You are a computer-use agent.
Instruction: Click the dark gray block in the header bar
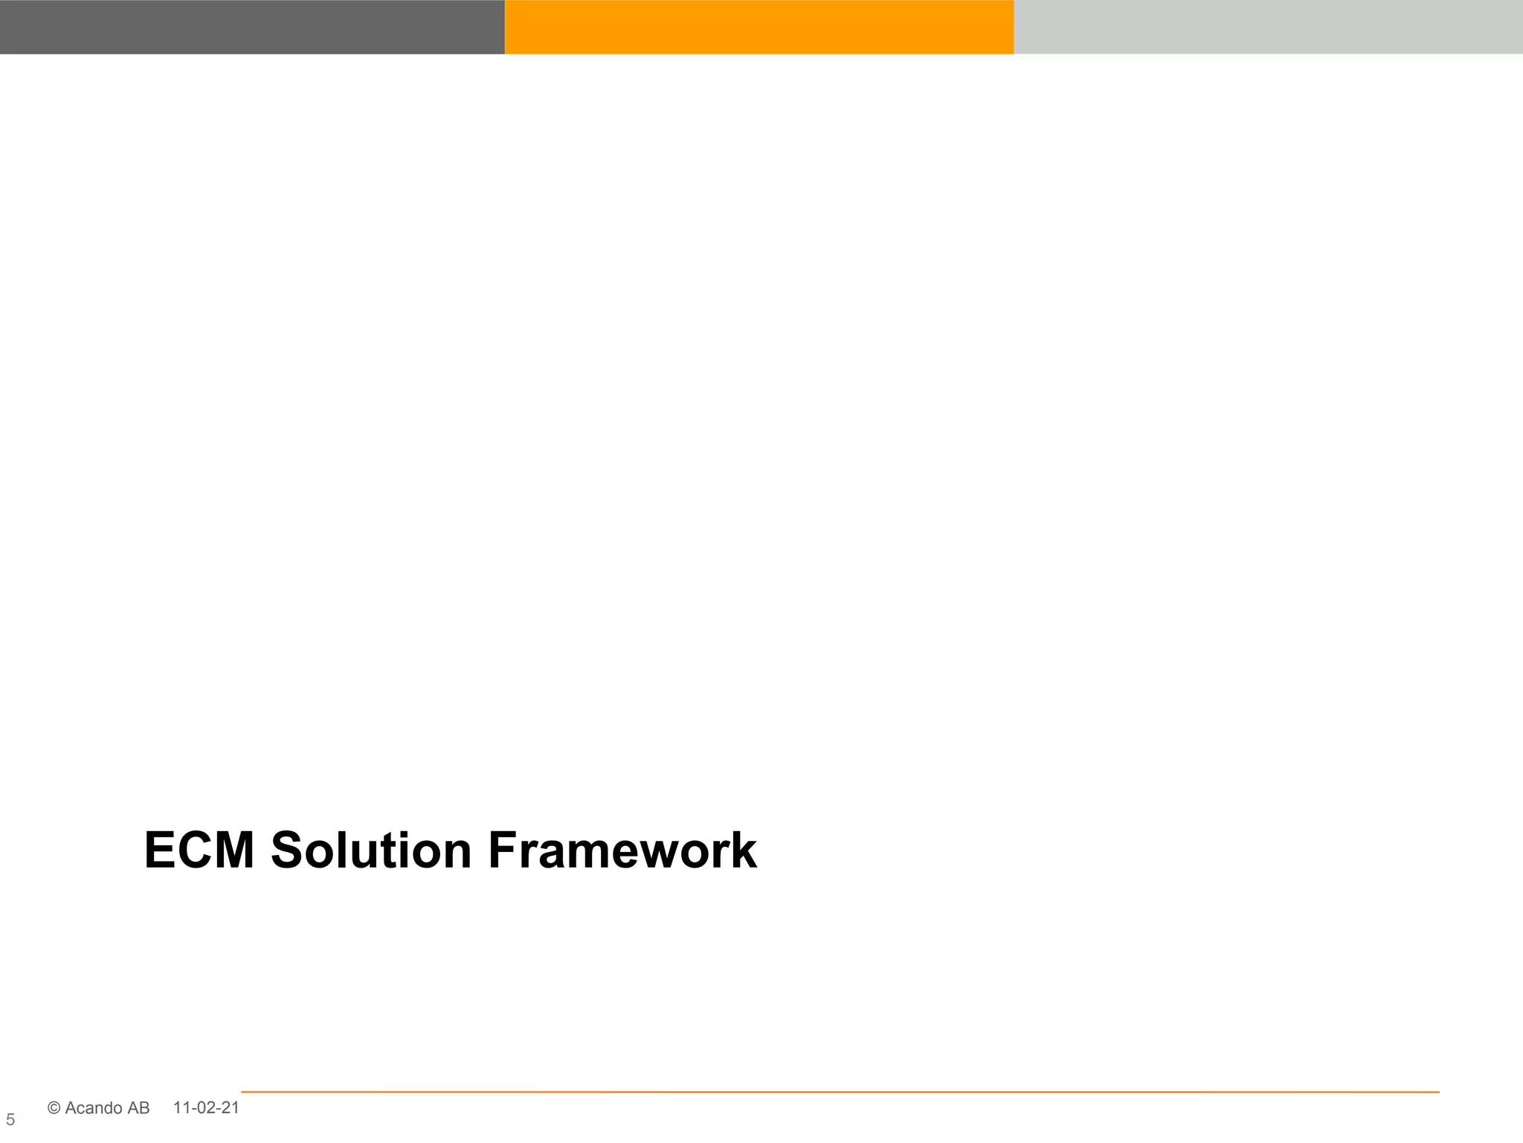point(252,27)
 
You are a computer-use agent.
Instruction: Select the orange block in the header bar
point(759,27)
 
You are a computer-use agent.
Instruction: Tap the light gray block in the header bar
point(1268,27)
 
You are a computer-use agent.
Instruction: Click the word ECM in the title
point(199,851)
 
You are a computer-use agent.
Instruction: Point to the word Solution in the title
point(371,851)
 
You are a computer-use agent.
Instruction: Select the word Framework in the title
point(622,851)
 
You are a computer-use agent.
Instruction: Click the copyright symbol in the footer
point(54,1108)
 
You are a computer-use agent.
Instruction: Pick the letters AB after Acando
point(138,1108)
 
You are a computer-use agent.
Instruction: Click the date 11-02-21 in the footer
point(206,1107)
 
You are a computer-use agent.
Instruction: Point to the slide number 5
point(10,1120)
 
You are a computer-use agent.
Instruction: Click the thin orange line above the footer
point(840,1092)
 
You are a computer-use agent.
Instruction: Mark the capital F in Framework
point(503,851)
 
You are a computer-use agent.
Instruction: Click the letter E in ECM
point(159,851)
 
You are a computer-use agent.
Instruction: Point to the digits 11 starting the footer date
point(181,1107)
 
